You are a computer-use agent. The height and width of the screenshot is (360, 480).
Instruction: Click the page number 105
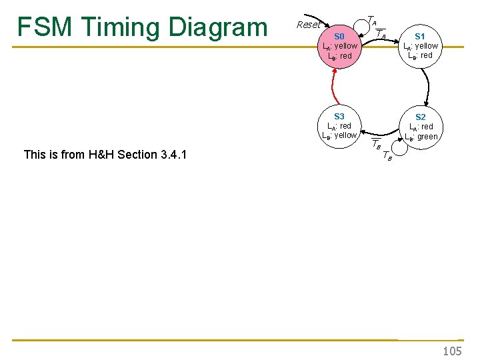click(x=452, y=351)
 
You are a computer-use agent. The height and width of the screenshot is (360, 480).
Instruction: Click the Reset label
click(x=308, y=25)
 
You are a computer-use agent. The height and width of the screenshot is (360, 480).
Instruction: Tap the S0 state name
click(x=339, y=36)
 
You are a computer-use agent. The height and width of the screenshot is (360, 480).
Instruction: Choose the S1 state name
click(x=421, y=36)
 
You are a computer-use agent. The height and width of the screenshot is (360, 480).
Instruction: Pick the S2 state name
click(x=421, y=117)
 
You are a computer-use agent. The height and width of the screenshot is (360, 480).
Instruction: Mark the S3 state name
click(x=339, y=116)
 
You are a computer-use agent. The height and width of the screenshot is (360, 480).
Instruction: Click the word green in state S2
click(x=427, y=137)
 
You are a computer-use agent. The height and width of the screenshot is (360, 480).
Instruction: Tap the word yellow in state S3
click(x=345, y=135)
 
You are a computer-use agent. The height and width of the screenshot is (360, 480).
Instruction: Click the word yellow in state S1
click(x=427, y=46)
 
